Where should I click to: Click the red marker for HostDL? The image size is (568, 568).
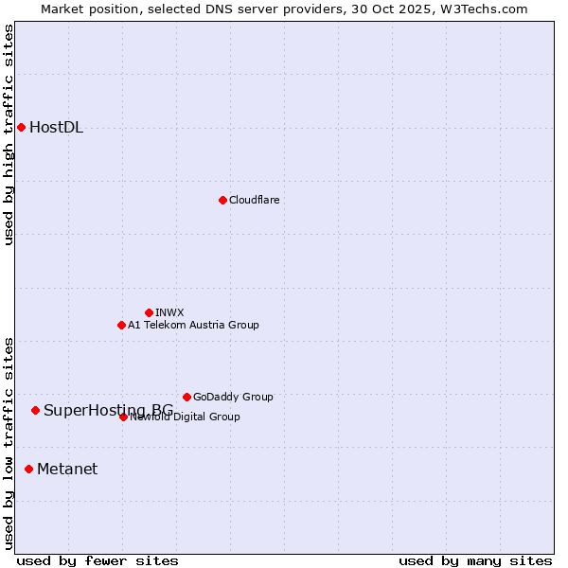point(21,127)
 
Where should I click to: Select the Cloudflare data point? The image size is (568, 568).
point(222,200)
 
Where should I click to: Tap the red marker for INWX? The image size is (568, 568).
point(149,312)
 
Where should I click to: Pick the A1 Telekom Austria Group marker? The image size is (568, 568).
point(121,325)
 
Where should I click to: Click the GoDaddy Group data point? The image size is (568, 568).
point(186,397)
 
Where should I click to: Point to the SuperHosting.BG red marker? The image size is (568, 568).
point(35,410)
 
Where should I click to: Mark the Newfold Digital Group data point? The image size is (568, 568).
point(123,417)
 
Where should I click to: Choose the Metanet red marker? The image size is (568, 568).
point(28,469)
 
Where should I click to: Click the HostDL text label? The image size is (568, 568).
point(57,128)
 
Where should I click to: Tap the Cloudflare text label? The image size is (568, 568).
point(254,200)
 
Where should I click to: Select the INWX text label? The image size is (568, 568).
point(169,312)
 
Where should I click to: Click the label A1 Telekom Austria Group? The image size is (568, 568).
point(193,325)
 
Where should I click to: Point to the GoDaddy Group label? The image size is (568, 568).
point(233,397)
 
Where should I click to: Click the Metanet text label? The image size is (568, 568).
point(67,470)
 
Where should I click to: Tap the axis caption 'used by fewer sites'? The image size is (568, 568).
point(98,561)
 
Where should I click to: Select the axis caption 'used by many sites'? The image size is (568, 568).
point(475,561)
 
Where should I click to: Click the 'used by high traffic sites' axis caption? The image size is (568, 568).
point(9,134)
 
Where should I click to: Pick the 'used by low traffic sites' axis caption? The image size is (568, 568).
point(9,443)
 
